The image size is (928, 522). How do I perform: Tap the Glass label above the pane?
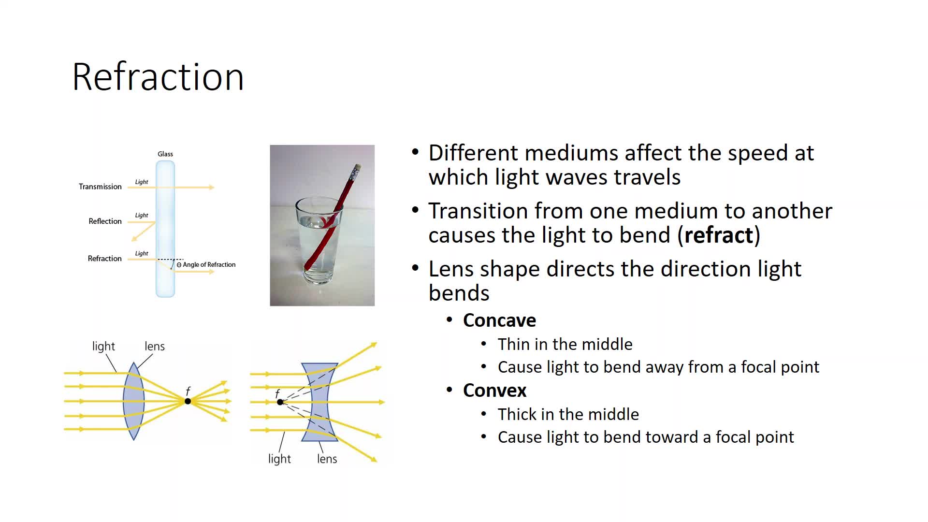pyautogui.click(x=165, y=154)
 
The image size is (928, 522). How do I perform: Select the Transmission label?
pyautogui.click(x=100, y=187)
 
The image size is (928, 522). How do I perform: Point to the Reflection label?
pyautogui.click(x=105, y=221)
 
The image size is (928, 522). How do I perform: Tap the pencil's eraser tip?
pyautogui.click(x=358, y=167)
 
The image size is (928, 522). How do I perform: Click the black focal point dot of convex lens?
pyautogui.click(x=188, y=401)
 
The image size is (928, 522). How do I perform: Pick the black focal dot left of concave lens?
pyautogui.click(x=280, y=402)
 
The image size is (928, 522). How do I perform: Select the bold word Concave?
pyautogui.click(x=499, y=320)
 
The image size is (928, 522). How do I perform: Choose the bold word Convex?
pyautogui.click(x=494, y=390)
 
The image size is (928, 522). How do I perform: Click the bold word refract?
pyautogui.click(x=719, y=235)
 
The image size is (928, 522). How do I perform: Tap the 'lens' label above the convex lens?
pyautogui.click(x=155, y=346)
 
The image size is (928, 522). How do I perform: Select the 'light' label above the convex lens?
pyautogui.click(x=103, y=346)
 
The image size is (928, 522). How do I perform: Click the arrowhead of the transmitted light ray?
pyautogui.click(x=212, y=187)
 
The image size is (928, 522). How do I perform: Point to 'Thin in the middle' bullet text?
pyautogui.click(x=565, y=344)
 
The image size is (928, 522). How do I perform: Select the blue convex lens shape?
pyautogui.click(x=134, y=401)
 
